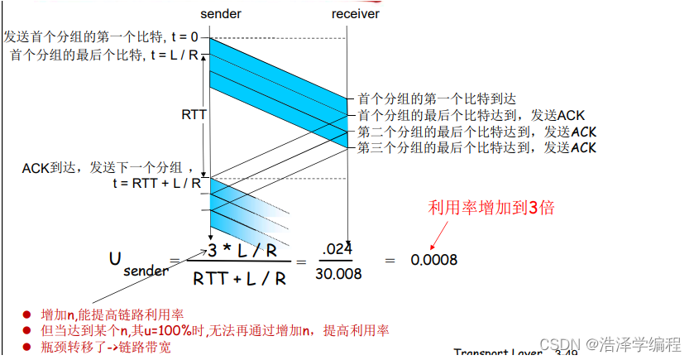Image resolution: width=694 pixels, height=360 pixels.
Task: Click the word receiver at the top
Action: [x=357, y=14]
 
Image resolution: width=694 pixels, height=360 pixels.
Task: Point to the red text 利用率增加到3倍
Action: [x=491, y=207]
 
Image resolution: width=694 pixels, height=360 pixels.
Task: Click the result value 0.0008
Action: [x=433, y=259]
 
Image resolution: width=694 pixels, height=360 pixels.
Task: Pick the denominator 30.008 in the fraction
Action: [x=338, y=274]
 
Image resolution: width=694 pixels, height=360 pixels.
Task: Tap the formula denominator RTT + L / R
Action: [x=240, y=278]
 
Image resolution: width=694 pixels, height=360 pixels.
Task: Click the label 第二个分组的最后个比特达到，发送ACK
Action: [x=476, y=132]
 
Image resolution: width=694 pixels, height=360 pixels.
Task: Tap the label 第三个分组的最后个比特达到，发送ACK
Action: [x=476, y=148]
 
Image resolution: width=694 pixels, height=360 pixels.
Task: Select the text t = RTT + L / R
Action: [x=157, y=184]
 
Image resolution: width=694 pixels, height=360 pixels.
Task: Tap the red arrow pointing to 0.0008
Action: [x=439, y=234]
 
